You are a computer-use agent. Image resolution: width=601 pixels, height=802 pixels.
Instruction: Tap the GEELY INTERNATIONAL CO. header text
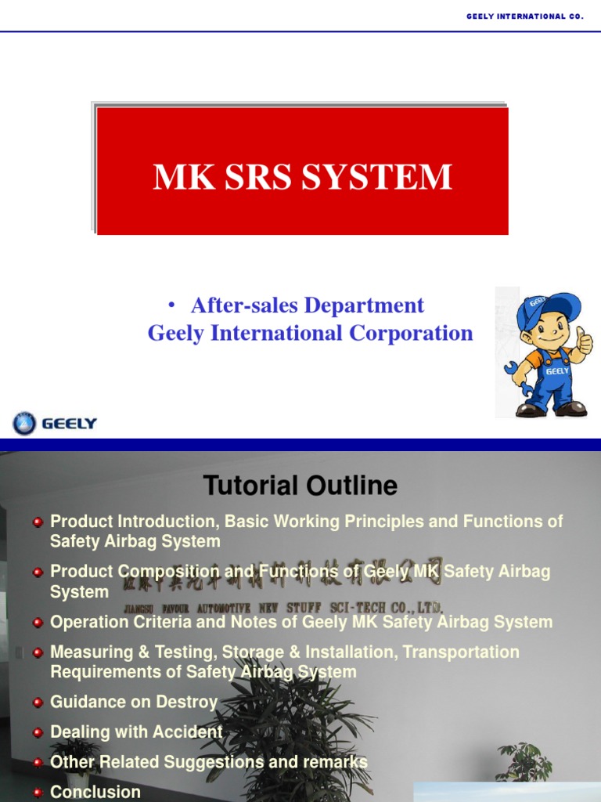(524, 16)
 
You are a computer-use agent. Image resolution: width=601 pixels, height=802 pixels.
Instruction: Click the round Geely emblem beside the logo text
(24, 424)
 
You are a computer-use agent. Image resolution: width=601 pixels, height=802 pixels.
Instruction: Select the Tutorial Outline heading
(300, 486)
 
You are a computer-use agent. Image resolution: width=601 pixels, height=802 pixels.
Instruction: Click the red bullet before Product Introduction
(38, 522)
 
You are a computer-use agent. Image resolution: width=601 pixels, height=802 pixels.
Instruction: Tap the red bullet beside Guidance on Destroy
(38, 703)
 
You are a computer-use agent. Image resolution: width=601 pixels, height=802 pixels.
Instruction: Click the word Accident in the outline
(191, 732)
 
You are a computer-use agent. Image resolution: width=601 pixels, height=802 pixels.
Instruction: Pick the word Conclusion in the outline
(95, 792)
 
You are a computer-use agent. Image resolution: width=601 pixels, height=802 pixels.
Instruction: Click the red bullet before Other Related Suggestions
(38, 762)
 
